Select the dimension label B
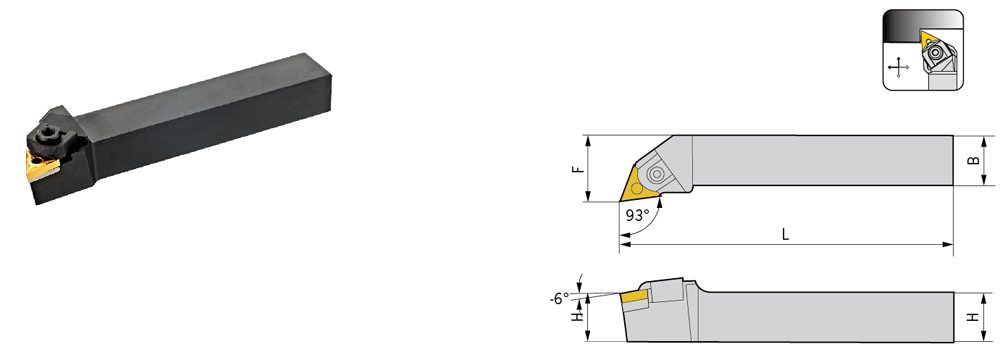tap(973, 161)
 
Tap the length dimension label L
tap(786, 234)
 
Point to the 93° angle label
tap(638, 215)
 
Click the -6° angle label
tap(558, 297)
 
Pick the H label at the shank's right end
tap(973, 317)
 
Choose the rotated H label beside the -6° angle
tap(578, 314)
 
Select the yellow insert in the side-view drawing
tap(635, 296)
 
